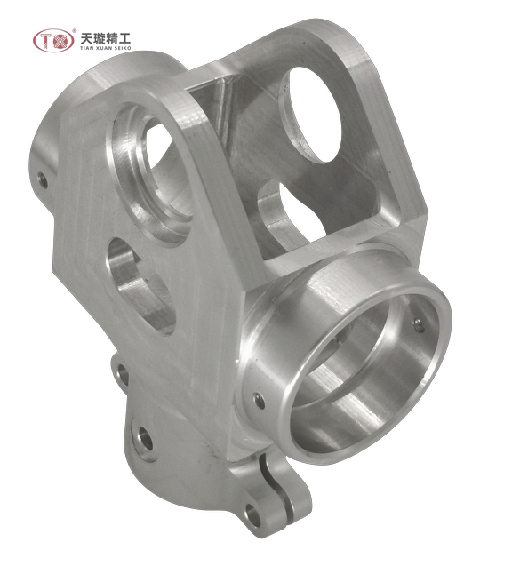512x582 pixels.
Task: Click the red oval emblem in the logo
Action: tap(53, 41)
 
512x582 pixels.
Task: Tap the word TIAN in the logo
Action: tap(85, 48)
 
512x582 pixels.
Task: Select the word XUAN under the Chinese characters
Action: tap(102, 48)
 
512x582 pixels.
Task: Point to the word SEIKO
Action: tap(122, 48)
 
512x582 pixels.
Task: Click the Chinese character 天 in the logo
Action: tap(86, 38)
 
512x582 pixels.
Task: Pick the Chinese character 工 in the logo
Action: tap(124, 38)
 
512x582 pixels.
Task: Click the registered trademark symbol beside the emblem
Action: tap(75, 31)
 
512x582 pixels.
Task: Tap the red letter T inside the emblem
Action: tap(45, 41)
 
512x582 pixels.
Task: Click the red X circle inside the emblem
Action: tap(61, 41)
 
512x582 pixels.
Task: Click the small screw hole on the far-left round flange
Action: tap(43, 180)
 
